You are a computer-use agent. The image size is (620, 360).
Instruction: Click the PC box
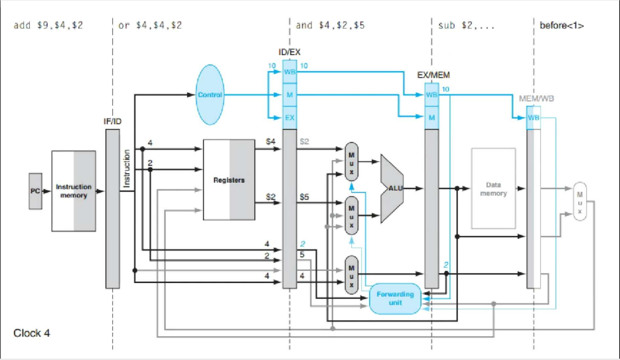(35, 191)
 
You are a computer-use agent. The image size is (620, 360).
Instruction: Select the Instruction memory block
(73, 191)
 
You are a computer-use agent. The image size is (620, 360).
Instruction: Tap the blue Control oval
(210, 95)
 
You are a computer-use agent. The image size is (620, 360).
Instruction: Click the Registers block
(229, 179)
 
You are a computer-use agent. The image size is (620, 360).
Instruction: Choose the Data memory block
(493, 189)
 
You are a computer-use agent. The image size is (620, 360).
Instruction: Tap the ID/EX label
(289, 51)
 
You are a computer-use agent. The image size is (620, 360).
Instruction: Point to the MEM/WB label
(536, 98)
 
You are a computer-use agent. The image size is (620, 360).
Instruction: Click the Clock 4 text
(32, 333)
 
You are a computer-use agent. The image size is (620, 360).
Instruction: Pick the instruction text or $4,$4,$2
(150, 26)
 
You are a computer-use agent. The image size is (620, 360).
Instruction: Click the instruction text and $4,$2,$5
(329, 26)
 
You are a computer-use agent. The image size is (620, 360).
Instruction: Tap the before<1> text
(562, 26)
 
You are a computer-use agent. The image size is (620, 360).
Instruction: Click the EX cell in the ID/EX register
(289, 118)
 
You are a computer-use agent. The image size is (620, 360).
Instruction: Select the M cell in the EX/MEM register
(431, 118)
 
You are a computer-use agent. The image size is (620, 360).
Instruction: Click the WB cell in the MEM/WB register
(533, 118)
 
